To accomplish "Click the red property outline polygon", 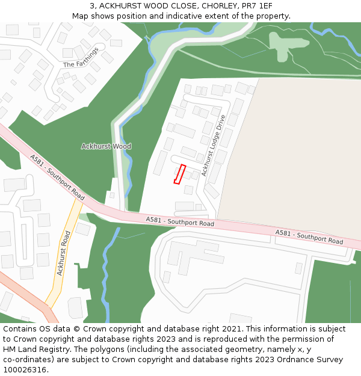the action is [179, 174].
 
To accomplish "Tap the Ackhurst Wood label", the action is [106, 146].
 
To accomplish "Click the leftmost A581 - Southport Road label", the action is [57, 177].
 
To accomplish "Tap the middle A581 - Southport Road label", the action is [180, 222].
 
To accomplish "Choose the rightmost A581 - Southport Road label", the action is [309, 237].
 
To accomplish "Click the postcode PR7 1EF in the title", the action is [257, 5].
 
